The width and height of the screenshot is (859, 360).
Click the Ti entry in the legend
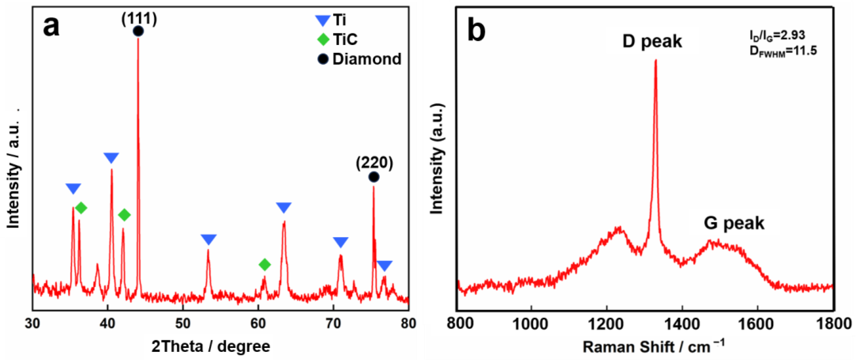coord(331,20)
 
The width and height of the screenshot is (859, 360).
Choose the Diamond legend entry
coord(359,59)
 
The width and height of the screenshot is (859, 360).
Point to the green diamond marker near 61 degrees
coord(265,265)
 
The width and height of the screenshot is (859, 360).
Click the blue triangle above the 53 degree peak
coord(209,239)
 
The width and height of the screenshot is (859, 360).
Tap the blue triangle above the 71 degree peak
coord(341,242)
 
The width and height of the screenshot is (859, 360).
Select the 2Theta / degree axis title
coord(211,346)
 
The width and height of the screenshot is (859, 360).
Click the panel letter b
coord(476,31)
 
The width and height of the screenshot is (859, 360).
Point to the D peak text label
coord(652,41)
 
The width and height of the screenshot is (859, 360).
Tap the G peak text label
coord(734,223)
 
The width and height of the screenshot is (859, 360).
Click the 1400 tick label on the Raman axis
coord(682,323)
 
